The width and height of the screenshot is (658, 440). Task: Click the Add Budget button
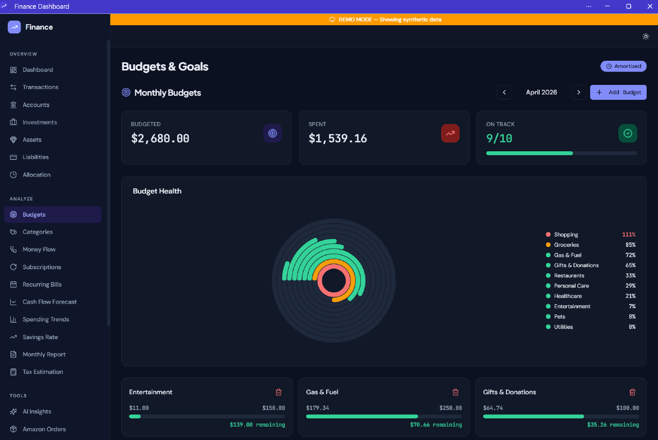(x=618, y=93)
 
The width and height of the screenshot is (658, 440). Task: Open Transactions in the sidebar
(x=40, y=87)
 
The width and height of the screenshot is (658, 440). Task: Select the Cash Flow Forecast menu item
(x=49, y=302)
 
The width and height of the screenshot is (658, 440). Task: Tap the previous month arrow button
(x=504, y=93)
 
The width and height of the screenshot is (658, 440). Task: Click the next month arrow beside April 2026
(x=578, y=93)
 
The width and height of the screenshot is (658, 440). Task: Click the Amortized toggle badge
(x=623, y=66)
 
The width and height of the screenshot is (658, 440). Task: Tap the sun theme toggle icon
(x=646, y=37)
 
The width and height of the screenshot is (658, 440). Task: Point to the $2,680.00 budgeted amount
(x=160, y=138)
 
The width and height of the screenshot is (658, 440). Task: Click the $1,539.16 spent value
(x=338, y=138)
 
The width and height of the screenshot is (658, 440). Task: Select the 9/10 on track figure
(x=499, y=138)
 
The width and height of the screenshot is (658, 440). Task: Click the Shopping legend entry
(x=566, y=235)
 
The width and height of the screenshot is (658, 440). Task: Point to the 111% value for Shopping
(x=629, y=235)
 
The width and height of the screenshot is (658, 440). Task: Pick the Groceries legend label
(x=566, y=245)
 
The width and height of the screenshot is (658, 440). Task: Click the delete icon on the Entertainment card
(x=279, y=392)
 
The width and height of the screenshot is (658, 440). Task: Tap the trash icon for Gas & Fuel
(x=455, y=392)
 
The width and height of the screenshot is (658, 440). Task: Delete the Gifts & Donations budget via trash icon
(x=632, y=392)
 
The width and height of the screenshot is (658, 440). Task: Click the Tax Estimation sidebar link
(x=43, y=372)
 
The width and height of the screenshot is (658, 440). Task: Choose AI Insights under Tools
(x=36, y=412)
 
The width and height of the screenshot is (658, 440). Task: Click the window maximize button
(x=628, y=7)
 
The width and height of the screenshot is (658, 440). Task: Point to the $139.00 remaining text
(x=257, y=425)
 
